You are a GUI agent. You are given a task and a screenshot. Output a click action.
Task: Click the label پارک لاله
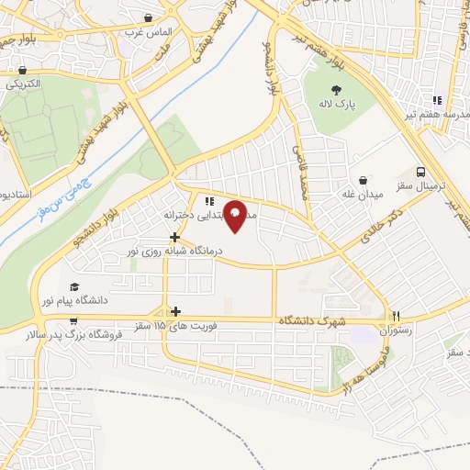click(x=337, y=106)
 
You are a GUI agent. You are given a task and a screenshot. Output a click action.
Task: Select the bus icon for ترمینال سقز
click(x=421, y=172)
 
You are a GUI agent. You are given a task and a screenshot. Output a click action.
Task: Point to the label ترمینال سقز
click(x=421, y=185)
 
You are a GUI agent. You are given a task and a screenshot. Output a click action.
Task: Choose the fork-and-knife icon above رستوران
click(x=397, y=313)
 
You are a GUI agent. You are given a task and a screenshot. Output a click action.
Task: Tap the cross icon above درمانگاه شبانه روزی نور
click(x=174, y=236)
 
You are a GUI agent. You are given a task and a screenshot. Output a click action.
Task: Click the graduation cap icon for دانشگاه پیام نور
click(x=73, y=286)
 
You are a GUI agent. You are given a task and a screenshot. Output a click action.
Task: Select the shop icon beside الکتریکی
click(x=21, y=70)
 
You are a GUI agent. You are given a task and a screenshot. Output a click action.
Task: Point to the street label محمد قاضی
click(x=299, y=171)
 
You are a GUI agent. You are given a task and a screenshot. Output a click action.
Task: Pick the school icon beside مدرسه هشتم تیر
click(x=438, y=100)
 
